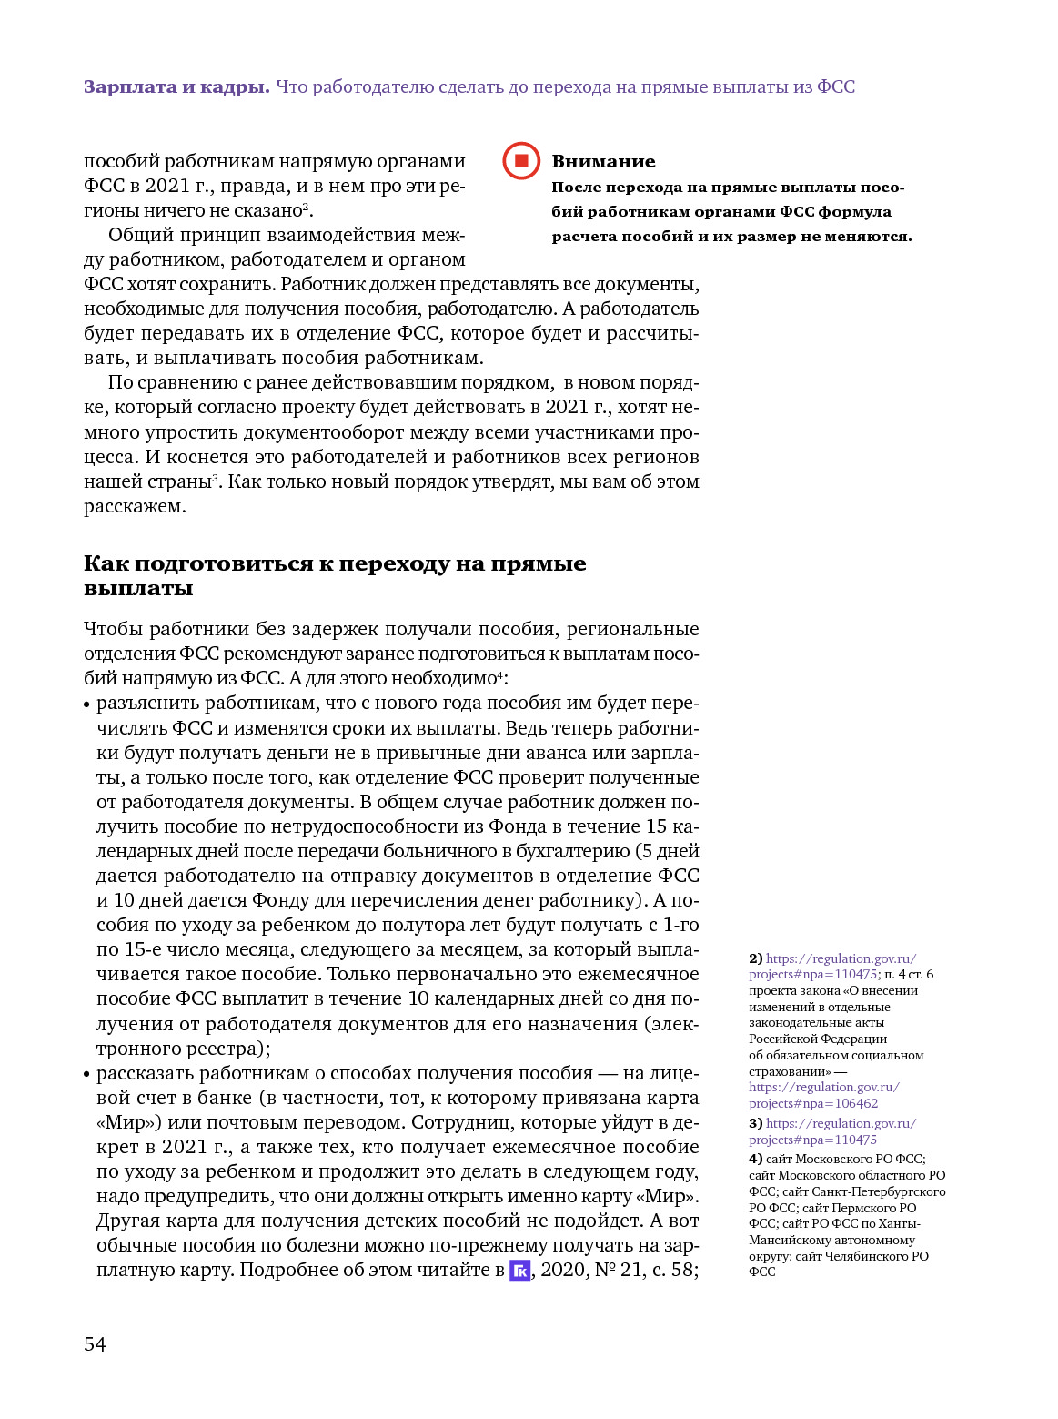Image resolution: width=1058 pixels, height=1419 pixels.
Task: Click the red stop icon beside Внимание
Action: [x=521, y=161]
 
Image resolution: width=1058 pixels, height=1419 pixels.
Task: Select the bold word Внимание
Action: [x=603, y=162]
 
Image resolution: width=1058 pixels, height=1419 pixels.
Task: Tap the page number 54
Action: [x=95, y=1344]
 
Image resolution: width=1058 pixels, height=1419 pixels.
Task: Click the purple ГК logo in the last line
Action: [x=519, y=1271]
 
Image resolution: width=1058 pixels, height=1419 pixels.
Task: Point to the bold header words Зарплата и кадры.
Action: [x=176, y=87]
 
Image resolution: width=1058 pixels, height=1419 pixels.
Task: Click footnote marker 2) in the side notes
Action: [x=755, y=958]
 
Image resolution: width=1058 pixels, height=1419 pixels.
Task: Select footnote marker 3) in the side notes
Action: [x=755, y=1123]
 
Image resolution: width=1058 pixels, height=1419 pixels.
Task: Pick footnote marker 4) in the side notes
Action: [x=755, y=1159]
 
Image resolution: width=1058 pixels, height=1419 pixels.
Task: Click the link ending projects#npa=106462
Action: [x=813, y=1103]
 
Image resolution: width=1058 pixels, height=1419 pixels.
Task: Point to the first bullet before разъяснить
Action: [x=87, y=704]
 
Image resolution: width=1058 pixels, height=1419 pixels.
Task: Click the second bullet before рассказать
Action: [x=87, y=1075]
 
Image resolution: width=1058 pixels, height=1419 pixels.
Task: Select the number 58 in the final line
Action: [x=681, y=1270]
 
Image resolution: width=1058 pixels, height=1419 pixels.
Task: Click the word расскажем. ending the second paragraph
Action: [x=135, y=507]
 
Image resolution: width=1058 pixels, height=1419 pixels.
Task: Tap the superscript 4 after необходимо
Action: [x=499, y=674]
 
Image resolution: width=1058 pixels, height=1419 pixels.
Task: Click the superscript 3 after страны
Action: [x=216, y=478]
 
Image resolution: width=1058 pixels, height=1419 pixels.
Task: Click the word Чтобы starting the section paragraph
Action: [x=114, y=630]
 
